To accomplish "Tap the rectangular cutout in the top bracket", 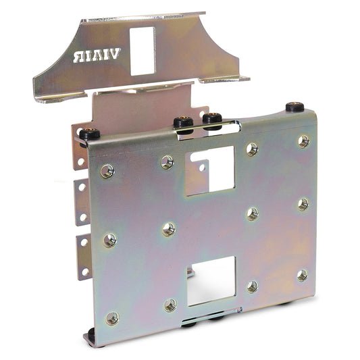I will pyautogui.click(x=142, y=51).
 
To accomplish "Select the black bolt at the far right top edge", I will pyautogui.click(x=294, y=107).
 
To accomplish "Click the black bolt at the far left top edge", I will pyautogui.click(x=90, y=134).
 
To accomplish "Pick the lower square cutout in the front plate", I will pyautogui.click(x=211, y=280).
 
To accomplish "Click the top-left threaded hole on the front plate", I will pyautogui.click(x=107, y=171).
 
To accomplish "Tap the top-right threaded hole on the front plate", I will pyautogui.click(x=304, y=140).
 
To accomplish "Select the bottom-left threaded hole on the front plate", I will pyautogui.click(x=112, y=317).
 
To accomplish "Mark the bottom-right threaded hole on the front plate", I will pyautogui.click(x=302, y=275).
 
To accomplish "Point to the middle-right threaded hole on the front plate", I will pyautogui.click(x=303, y=204).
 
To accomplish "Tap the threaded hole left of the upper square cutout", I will pyautogui.click(x=167, y=161).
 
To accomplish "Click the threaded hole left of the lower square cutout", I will pyautogui.click(x=170, y=305).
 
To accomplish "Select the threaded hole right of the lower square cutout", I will pyautogui.click(x=252, y=286).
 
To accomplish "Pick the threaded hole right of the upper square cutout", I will pyautogui.click(x=252, y=149).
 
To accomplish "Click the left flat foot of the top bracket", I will pyautogui.click(x=51, y=94).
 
